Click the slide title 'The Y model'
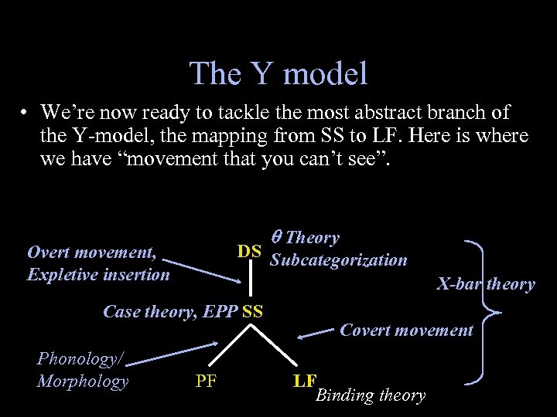(x=278, y=73)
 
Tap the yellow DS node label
(x=248, y=251)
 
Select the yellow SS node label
(x=252, y=312)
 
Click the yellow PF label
(x=206, y=380)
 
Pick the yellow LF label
(x=305, y=380)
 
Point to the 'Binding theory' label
(x=371, y=395)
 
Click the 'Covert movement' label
(x=406, y=331)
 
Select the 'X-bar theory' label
(x=485, y=283)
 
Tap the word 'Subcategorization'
(x=338, y=260)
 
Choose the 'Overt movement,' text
(x=92, y=252)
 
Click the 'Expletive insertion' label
(x=98, y=274)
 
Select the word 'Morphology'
(x=82, y=381)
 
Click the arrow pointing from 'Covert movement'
(x=316, y=334)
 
